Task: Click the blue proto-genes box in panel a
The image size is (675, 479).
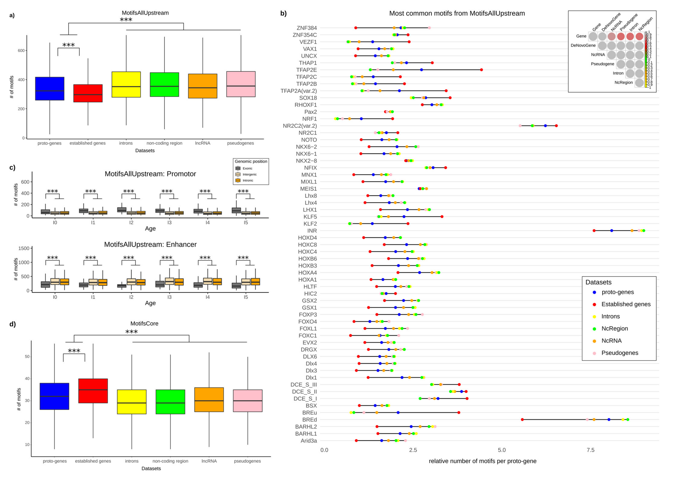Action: click(49, 89)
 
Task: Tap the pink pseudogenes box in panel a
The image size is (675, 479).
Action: click(241, 84)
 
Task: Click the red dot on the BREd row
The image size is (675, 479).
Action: click(522, 419)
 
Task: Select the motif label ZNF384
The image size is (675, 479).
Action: click(307, 28)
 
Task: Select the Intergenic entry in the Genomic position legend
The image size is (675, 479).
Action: click(249, 174)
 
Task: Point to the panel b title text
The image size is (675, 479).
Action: click(457, 13)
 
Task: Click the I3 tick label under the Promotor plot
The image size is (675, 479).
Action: click(169, 223)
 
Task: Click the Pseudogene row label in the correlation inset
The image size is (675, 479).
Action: click(602, 64)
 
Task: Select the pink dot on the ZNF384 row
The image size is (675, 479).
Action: click(429, 28)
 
